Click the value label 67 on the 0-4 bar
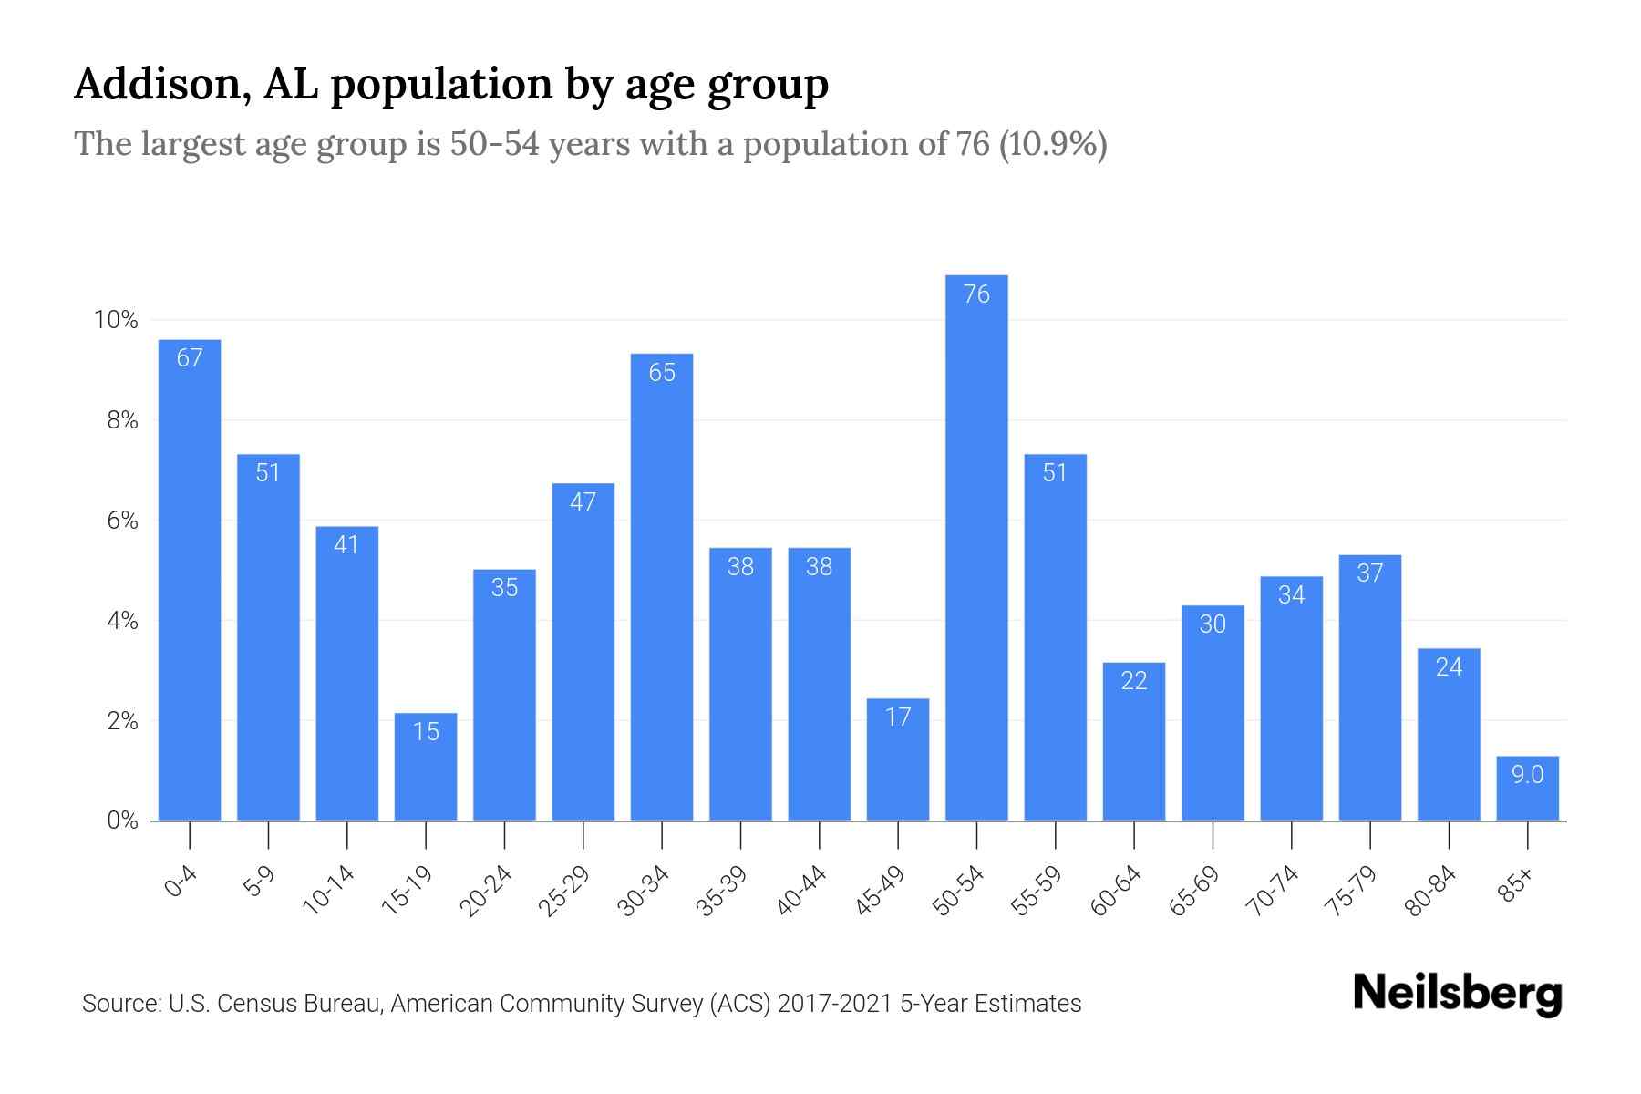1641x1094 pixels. (190, 358)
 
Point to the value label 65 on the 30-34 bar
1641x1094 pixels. (662, 373)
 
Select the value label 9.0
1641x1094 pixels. (1528, 775)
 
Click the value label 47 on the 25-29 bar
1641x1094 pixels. (583, 502)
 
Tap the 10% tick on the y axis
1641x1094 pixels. (116, 320)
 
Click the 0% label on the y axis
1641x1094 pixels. (122, 820)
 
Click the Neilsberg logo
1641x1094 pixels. (1457, 994)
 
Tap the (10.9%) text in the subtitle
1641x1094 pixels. (1053, 144)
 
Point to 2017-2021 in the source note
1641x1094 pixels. (834, 1004)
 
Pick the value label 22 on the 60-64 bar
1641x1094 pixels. (1134, 681)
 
